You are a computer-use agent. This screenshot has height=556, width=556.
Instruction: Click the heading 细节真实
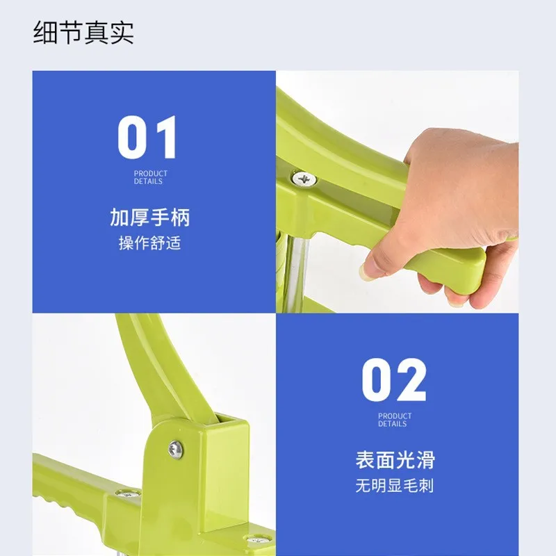[x=83, y=33]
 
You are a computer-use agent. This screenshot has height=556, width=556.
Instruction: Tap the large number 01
[x=147, y=137]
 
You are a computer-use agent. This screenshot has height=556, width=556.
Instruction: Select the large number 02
[x=394, y=379]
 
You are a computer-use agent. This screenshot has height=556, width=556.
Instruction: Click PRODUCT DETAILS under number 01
[x=150, y=177]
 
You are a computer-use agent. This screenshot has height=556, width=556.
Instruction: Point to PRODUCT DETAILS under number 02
[x=395, y=420]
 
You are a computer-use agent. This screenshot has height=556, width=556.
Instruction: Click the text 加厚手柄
[x=150, y=218]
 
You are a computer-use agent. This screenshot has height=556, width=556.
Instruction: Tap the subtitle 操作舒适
[x=150, y=243]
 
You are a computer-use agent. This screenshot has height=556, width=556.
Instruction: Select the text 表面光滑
[x=395, y=460]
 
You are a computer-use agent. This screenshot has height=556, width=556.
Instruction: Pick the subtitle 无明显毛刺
[x=394, y=485]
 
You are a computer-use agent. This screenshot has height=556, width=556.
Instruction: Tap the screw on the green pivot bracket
[x=176, y=449]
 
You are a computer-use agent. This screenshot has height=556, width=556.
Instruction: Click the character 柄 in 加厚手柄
[x=181, y=218]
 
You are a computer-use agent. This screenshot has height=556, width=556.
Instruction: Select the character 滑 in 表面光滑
[x=425, y=460]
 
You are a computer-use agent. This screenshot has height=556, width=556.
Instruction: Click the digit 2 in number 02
[x=411, y=379]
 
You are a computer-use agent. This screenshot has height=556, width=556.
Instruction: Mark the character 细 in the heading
[x=46, y=33]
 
